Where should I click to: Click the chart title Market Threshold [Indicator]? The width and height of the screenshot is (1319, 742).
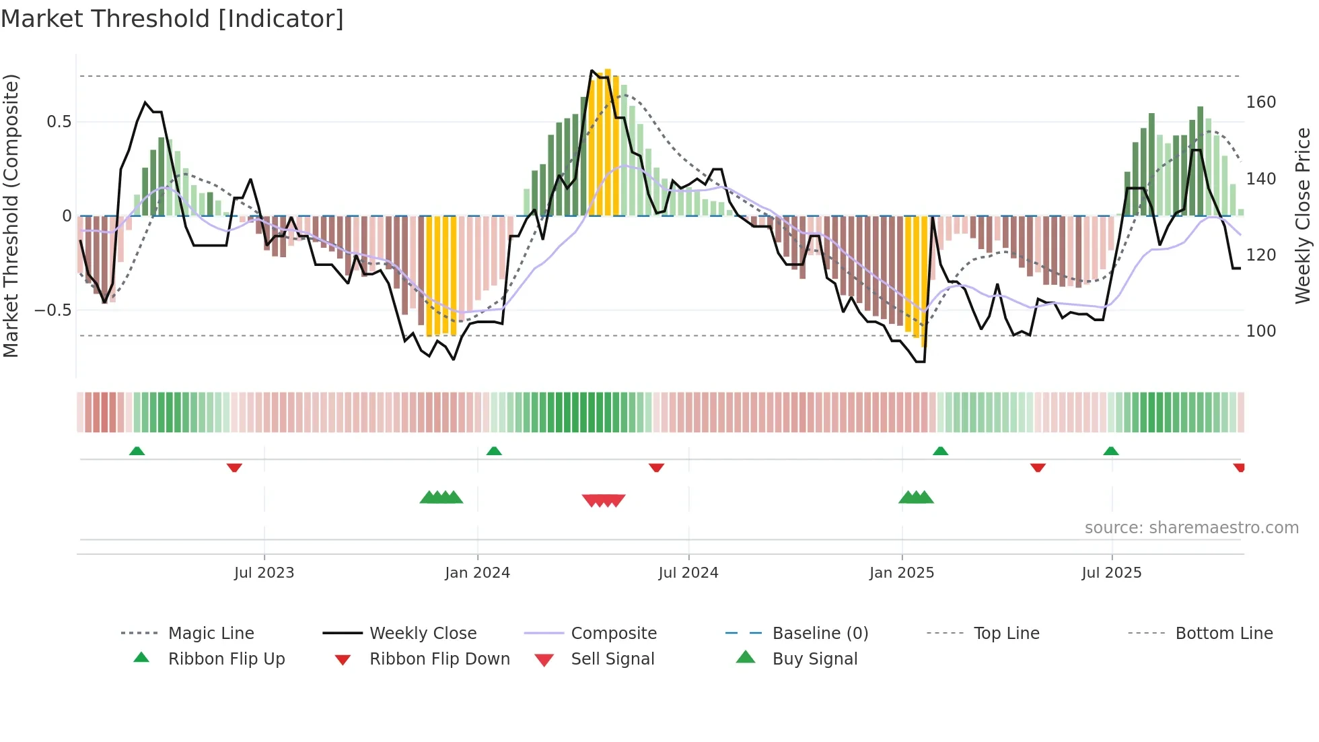pyautogui.click(x=172, y=19)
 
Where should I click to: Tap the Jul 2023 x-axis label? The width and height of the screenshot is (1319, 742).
pyautogui.click(x=264, y=573)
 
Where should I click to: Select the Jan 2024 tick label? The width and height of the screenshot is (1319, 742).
pyautogui.click(x=477, y=573)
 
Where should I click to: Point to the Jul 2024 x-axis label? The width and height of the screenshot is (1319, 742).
pyautogui.click(x=688, y=573)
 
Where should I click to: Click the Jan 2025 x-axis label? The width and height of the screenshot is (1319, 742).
pyautogui.click(x=901, y=573)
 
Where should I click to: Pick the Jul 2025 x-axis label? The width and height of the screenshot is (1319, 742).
pyautogui.click(x=1111, y=573)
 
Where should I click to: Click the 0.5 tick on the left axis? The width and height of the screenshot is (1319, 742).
pyautogui.click(x=59, y=122)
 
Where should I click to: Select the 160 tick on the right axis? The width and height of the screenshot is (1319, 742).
pyautogui.click(x=1260, y=102)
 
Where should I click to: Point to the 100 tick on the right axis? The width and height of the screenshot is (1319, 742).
pyautogui.click(x=1260, y=331)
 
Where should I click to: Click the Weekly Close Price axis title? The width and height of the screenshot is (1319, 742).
pyautogui.click(x=1303, y=215)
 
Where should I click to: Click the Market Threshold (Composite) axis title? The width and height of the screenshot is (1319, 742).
pyautogui.click(x=11, y=215)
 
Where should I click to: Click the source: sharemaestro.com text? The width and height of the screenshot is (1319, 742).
pyautogui.click(x=1191, y=528)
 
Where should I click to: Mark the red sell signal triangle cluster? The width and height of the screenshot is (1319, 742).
pyautogui.click(x=604, y=500)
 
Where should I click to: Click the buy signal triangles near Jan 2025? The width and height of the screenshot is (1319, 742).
pyautogui.click(x=916, y=498)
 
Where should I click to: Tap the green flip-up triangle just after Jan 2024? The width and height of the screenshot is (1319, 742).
pyautogui.click(x=494, y=450)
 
